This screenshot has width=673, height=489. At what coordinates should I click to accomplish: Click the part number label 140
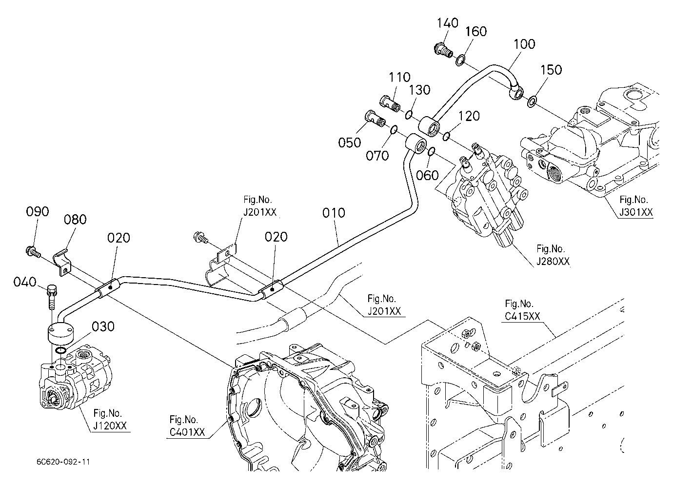tap(447, 23)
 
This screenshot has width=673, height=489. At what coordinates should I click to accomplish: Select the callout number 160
tap(476, 31)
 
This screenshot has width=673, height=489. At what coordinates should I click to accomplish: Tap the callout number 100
tap(524, 44)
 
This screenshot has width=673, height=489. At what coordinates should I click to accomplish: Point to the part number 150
tap(551, 70)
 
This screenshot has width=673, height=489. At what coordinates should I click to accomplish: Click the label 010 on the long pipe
tap(334, 213)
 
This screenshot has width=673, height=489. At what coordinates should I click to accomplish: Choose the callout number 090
tap(38, 212)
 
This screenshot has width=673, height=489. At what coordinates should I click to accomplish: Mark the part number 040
tap(25, 282)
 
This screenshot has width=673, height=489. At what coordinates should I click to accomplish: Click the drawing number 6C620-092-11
tap(63, 462)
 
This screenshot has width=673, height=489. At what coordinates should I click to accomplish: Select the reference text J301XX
tap(636, 212)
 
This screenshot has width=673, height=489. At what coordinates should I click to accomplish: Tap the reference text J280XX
tap(553, 262)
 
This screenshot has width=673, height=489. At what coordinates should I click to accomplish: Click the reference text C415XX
tap(522, 316)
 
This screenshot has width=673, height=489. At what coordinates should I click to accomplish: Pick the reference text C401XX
tap(187, 432)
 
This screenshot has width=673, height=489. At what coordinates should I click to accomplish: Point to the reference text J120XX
tap(110, 426)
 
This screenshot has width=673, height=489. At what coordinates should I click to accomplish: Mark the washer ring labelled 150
tap(532, 102)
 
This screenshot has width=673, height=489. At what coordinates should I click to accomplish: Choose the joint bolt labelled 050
tap(375, 119)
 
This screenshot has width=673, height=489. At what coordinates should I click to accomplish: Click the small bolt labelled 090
tap(33, 251)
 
